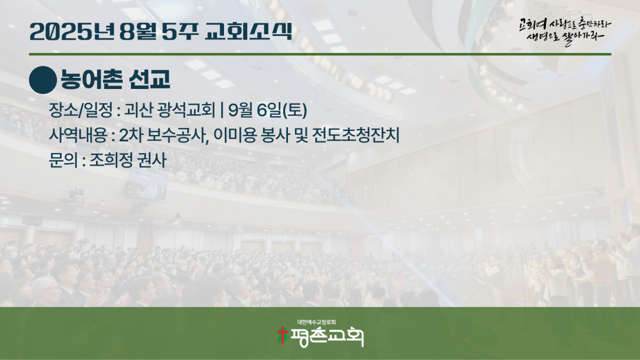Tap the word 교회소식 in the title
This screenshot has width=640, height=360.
point(248,31)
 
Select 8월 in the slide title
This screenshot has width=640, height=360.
point(138,31)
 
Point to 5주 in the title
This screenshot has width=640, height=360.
point(180,31)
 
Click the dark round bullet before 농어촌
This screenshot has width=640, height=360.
point(43,80)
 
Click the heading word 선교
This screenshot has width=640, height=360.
point(149,79)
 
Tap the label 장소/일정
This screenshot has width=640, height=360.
point(81,110)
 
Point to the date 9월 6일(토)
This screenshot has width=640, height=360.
point(268,110)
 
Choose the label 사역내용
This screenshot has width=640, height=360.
point(78,135)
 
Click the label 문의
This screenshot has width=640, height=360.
point(63,160)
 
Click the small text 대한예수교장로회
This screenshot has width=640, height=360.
point(317,322)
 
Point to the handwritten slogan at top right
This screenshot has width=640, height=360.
point(565,31)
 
